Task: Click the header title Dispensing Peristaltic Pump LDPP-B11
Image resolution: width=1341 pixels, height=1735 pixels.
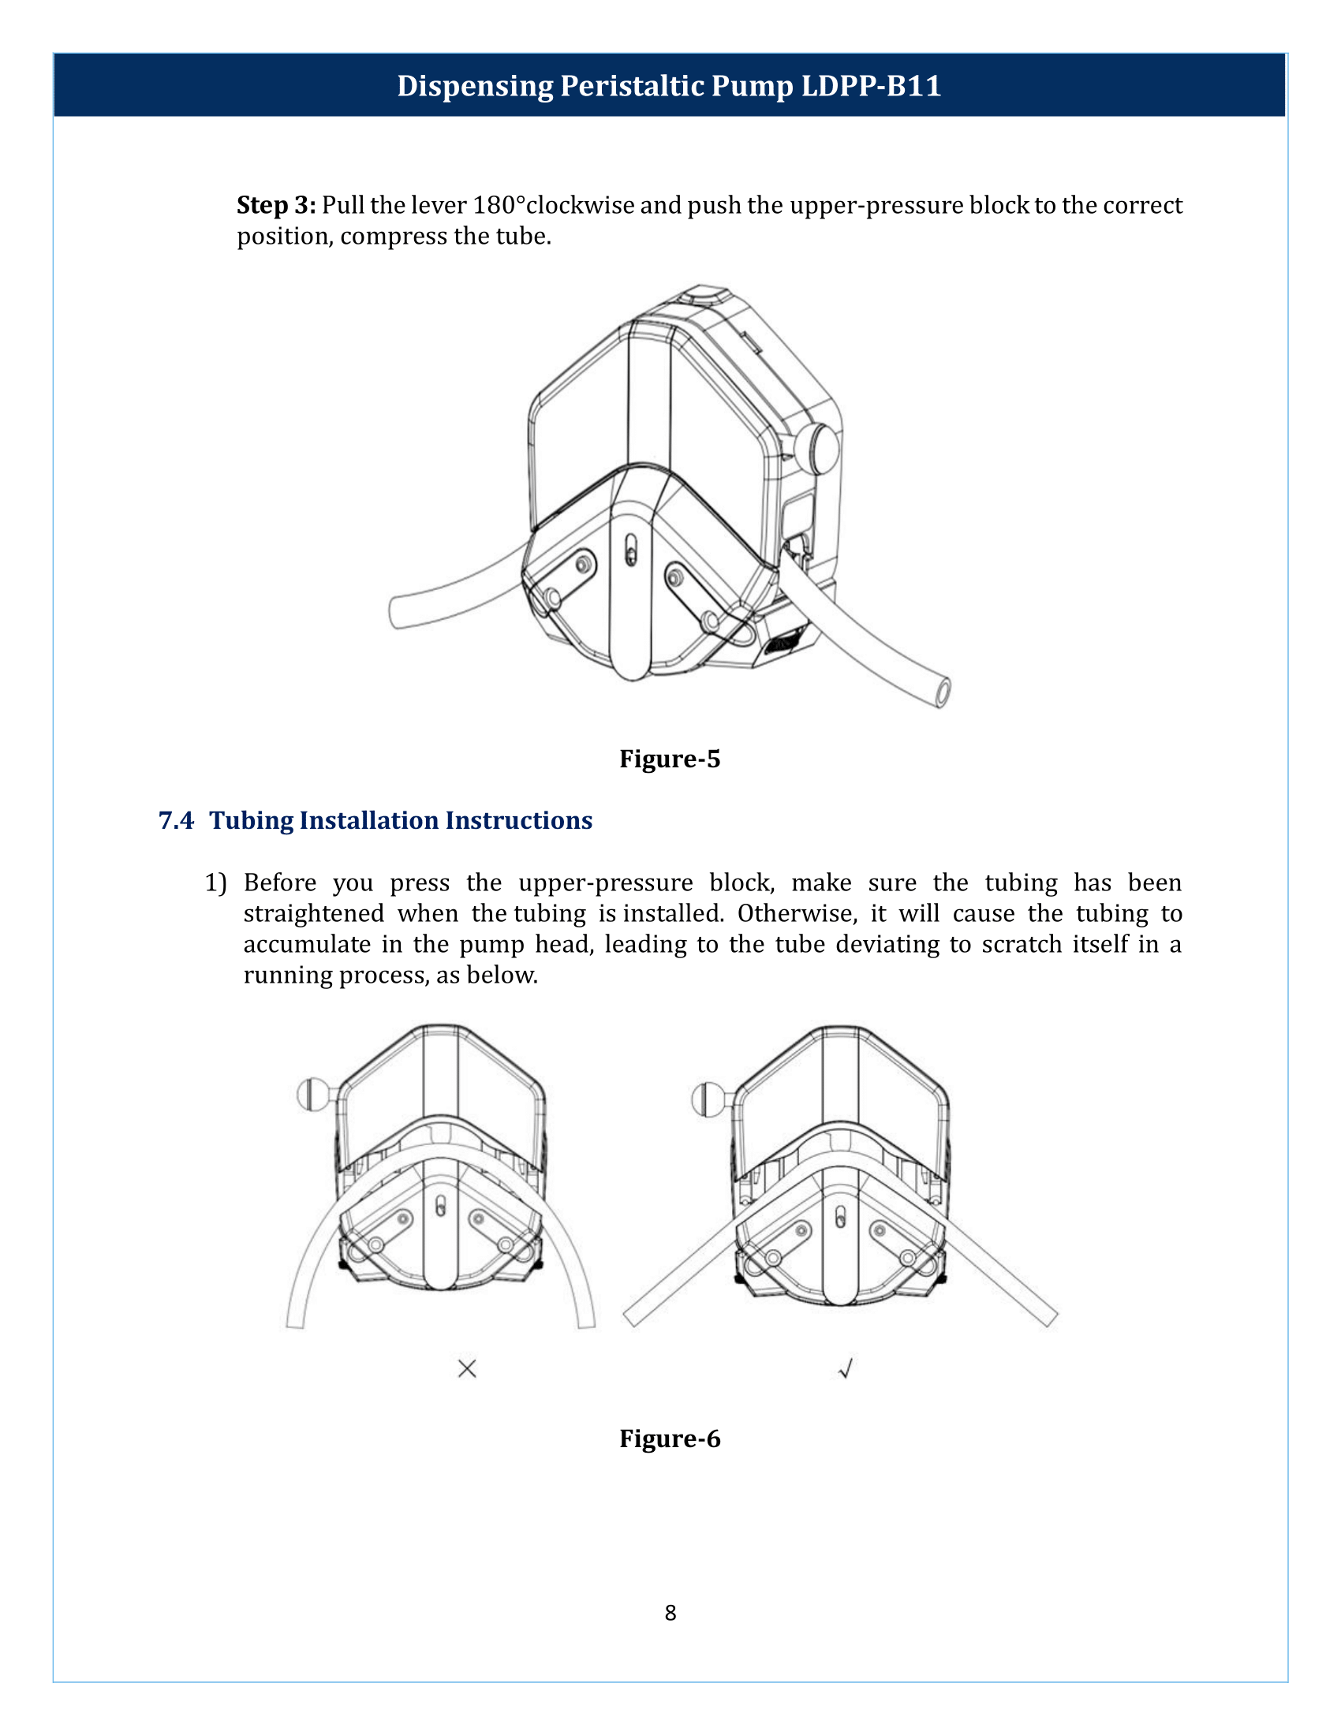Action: click(x=669, y=86)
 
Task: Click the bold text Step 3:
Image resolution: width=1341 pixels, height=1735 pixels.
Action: click(x=275, y=206)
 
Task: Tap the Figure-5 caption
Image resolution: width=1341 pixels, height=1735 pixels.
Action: click(x=669, y=759)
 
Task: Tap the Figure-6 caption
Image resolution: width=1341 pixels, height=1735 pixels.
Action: click(x=669, y=1438)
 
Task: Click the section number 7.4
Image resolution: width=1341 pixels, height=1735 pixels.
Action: click(x=176, y=821)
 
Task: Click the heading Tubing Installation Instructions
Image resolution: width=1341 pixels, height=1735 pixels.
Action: click(x=401, y=821)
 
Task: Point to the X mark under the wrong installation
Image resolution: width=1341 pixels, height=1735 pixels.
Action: click(x=467, y=1368)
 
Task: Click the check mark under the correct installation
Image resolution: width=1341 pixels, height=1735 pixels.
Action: click(x=846, y=1368)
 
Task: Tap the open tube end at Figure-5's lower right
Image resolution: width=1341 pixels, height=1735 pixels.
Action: click(x=942, y=692)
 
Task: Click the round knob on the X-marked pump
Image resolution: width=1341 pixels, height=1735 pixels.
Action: click(x=310, y=1094)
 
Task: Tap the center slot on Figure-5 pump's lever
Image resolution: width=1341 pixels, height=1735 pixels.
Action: click(x=630, y=550)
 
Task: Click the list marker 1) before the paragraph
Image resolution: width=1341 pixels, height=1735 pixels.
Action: click(x=215, y=883)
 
